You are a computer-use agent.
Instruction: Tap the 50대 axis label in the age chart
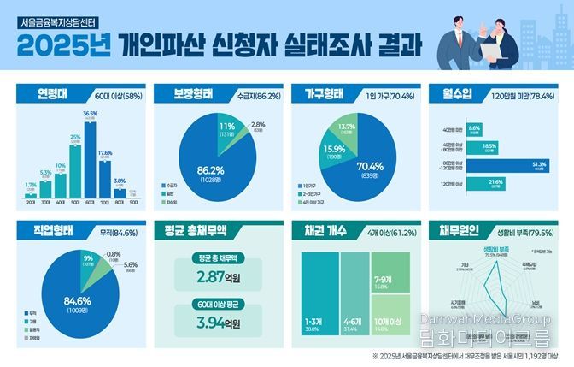pos(74,202)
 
